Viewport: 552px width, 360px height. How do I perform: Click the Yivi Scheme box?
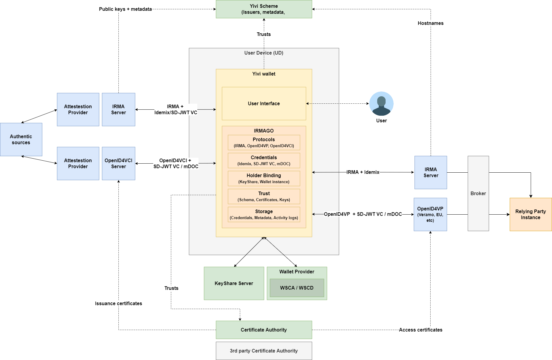(264, 9)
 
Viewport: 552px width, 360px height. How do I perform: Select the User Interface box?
(264, 103)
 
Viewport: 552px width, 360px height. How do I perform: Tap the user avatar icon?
(381, 104)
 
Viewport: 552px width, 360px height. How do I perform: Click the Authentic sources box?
(21, 139)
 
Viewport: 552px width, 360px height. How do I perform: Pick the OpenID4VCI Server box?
(118, 163)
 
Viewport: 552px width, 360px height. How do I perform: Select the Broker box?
(478, 193)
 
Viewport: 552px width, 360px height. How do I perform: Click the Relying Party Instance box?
(530, 214)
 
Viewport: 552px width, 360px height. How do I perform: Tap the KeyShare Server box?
(234, 283)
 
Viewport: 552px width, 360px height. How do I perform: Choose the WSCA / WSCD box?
(297, 288)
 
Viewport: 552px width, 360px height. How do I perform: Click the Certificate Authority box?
(264, 330)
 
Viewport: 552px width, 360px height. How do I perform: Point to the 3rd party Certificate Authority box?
(264, 351)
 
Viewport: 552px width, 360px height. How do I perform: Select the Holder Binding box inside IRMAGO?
(264, 178)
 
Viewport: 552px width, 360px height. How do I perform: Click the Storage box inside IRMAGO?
(264, 214)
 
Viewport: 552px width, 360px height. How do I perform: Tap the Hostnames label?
(430, 23)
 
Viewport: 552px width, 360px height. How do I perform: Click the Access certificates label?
(420, 330)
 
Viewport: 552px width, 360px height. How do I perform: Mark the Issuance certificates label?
(118, 303)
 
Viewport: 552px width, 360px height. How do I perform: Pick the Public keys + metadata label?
(125, 9)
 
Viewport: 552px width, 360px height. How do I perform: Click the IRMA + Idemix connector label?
(363, 172)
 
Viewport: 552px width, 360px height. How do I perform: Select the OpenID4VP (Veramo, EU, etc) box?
(430, 214)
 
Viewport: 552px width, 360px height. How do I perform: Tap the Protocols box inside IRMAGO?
(264, 142)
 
